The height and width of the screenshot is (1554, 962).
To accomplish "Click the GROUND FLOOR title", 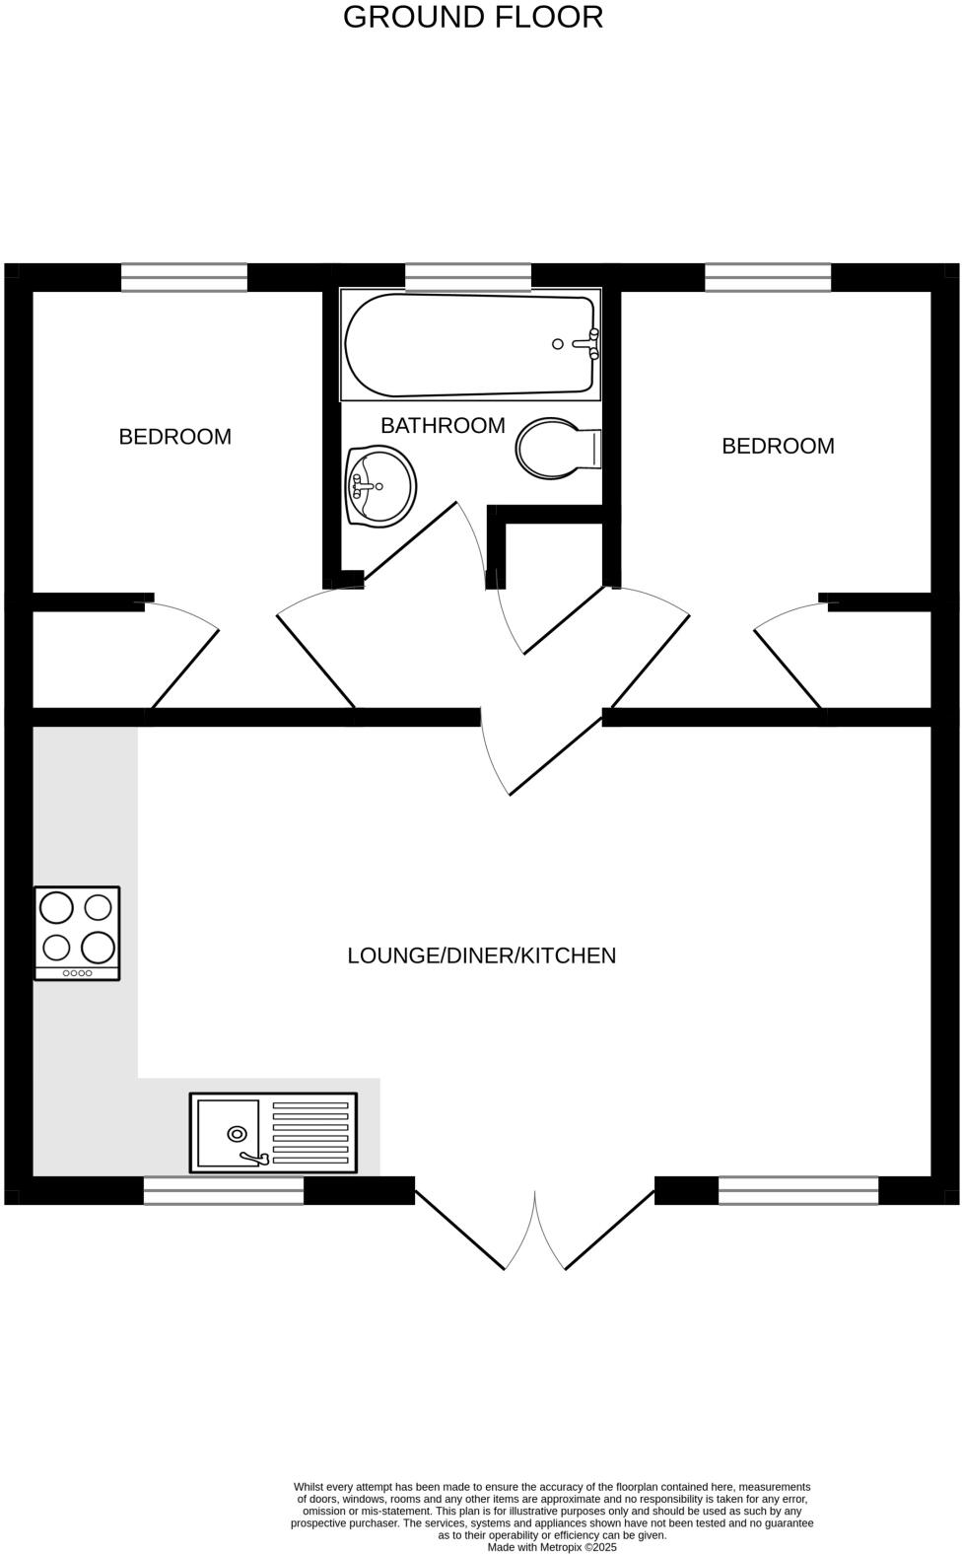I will tap(472, 17).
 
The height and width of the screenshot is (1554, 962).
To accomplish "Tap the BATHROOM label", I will tap(443, 426).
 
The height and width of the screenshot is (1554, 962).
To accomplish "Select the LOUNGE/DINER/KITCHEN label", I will tap(481, 955).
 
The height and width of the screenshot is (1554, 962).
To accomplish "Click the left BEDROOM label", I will tap(174, 437).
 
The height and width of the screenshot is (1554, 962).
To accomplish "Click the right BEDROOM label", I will tap(778, 446).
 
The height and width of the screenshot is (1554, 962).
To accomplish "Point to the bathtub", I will tap(469, 345).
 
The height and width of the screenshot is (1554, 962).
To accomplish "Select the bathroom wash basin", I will tap(380, 485).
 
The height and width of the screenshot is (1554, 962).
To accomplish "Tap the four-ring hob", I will tap(77, 927).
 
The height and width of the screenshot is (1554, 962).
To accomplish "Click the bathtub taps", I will tap(589, 344).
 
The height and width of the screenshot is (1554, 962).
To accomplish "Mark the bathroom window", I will tap(468, 277).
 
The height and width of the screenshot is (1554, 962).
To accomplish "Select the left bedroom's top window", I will tap(184, 277).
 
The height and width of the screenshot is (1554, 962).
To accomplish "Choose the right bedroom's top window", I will tap(768, 277).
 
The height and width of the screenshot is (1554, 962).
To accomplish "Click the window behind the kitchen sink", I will tap(224, 1191).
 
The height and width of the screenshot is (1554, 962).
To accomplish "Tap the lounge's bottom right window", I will tap(798, 1191).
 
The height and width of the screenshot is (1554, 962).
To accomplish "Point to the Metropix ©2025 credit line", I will tap(552, 1547).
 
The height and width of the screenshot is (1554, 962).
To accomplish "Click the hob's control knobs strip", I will tap(77, 973).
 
